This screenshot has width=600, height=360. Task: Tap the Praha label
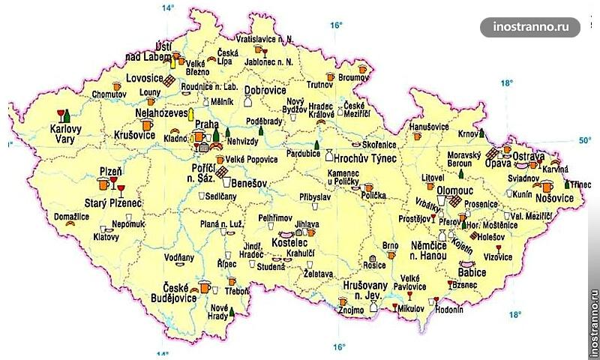(206, 125)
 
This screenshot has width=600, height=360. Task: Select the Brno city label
(390, 246)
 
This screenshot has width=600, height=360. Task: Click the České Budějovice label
(179, 292)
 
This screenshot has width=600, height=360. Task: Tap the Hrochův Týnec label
(364, 156)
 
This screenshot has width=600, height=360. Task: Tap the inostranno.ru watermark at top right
(537, 27)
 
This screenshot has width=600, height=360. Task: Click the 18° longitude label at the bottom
(514, 315)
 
